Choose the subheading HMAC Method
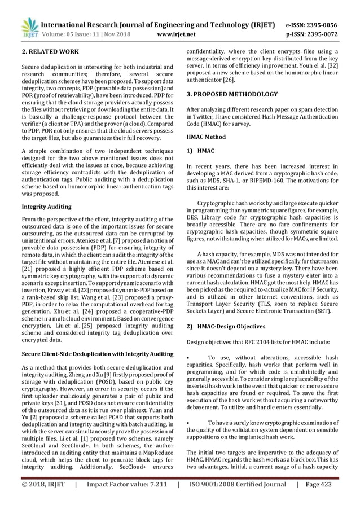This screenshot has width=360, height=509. point(207,137)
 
